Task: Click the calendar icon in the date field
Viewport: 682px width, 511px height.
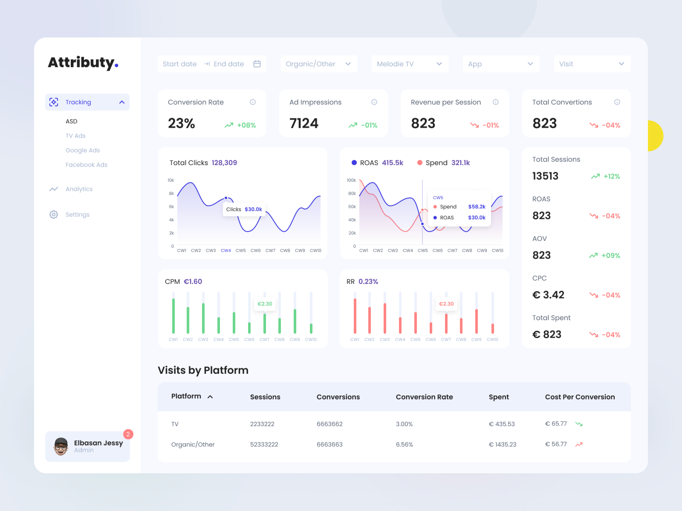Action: coord(257,64)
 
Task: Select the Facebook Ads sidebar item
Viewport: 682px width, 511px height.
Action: coord(86,165)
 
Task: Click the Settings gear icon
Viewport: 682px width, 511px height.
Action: coord(54,214)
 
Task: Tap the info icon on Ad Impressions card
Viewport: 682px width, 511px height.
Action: coord(374,102)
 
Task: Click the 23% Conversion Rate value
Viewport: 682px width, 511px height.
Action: coord(181,123)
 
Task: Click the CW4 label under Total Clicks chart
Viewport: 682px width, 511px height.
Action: coord(226,250)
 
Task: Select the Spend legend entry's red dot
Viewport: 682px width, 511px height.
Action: coord(420,163)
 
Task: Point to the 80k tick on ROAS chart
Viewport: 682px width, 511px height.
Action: coord(352,193)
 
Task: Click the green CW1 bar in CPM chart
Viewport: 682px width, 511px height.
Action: coord(173,316)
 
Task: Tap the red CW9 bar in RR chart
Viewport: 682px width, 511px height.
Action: coord(476,321)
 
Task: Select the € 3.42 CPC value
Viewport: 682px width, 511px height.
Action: coord(548,295)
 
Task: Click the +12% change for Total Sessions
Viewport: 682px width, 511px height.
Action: coord(611,177)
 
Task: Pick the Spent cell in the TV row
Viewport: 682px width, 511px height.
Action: coord(502,424)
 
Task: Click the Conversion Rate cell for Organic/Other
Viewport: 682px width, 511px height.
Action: coord(404,445)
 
